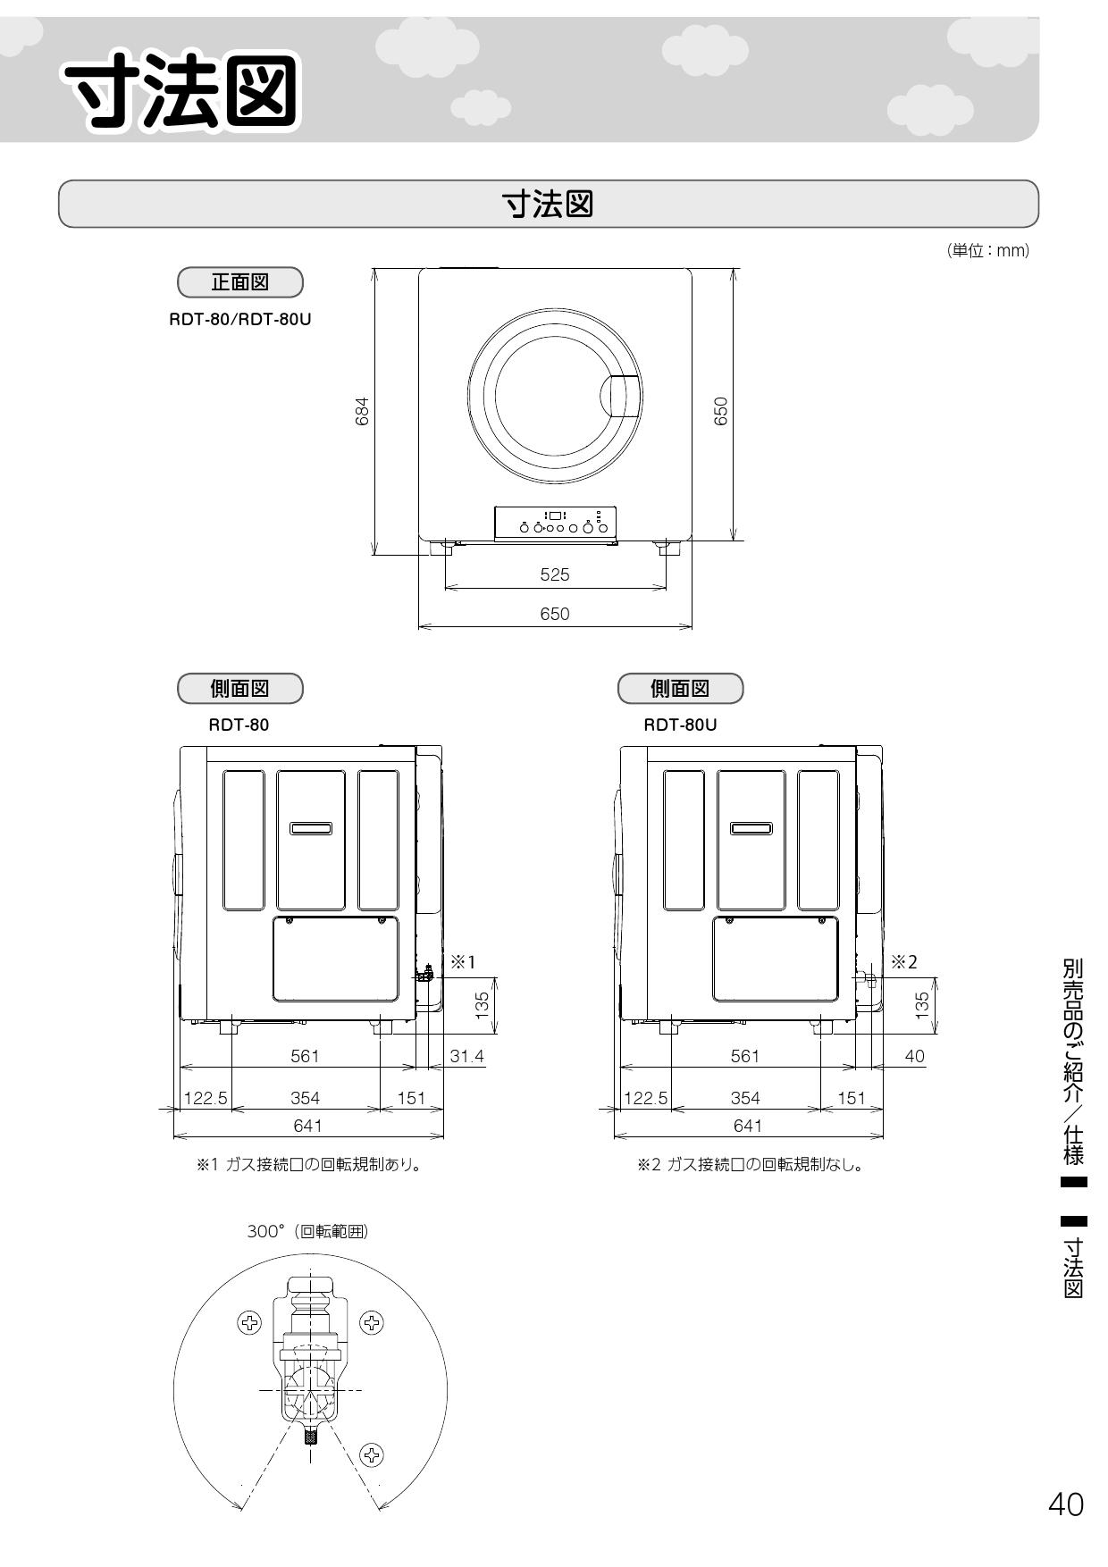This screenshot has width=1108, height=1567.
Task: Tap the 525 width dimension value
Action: click(x=554, y=574)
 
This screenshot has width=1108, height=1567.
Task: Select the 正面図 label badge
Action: click(x=240, y=282)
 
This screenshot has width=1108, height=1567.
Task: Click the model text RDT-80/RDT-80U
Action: click(x=240, y=318)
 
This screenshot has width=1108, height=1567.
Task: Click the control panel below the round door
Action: click(x=556, y=523)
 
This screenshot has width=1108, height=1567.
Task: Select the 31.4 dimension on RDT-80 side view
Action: click(x=466, y=1056)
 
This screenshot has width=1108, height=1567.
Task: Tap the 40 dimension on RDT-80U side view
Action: click(x=914, y=1056)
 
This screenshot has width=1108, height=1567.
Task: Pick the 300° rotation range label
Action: click(x=307, y=1231)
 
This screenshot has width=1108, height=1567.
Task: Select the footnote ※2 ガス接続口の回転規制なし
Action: click(x=749, y=1165)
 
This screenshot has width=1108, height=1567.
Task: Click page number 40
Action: click(x=1065, y=1504)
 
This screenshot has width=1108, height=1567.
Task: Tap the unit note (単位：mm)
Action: click(x=987, y=251)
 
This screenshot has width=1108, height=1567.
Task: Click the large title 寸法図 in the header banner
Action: click(x=183, y=92)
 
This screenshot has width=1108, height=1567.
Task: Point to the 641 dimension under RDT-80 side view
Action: click(x=307, y=1126)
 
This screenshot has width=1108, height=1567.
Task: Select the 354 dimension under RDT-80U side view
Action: click(x=744, y=1098)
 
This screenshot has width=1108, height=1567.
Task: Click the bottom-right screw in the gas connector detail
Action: click(x=372, y=1454)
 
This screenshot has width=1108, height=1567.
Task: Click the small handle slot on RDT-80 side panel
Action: click(x=311, y=828)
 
